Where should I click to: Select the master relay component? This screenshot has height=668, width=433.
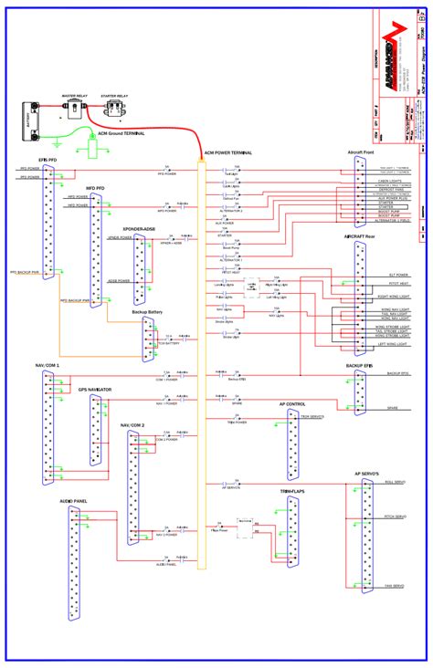click(74, 108)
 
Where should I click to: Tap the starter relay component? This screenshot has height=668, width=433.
click(114, 109)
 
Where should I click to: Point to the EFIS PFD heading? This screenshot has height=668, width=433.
click(47, 160)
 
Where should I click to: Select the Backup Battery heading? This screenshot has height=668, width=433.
click(148, 311)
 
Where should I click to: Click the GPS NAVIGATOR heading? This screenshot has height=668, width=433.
click(95, 390)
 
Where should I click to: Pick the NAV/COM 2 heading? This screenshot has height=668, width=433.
click(132, 424)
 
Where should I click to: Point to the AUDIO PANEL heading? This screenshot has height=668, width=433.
click(74, 501)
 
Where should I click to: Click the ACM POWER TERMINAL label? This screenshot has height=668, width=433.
click(227, 153)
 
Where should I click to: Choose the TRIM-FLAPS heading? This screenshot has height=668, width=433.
click(292, 491)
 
